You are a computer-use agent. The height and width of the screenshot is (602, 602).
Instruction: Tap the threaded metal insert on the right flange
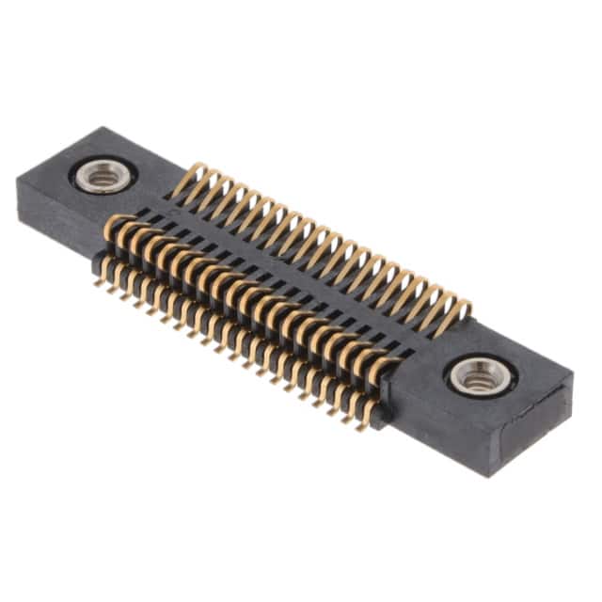[x=481, y=377]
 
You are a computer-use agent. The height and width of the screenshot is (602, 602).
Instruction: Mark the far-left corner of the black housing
[x=17, y=180]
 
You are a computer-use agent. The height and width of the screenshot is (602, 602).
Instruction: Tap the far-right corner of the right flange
[x=573, y=374]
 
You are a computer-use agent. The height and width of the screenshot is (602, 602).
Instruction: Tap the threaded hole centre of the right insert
[x=481, y=377]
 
